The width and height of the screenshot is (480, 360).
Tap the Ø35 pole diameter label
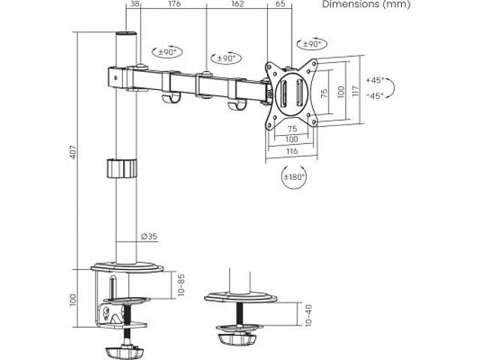148,237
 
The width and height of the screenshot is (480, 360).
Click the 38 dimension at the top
135,4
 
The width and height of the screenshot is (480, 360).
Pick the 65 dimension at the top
280,4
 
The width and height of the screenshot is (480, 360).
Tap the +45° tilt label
374,80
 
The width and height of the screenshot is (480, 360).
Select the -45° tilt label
374,95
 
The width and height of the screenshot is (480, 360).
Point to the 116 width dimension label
291,151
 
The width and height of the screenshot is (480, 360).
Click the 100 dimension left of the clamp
73,298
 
